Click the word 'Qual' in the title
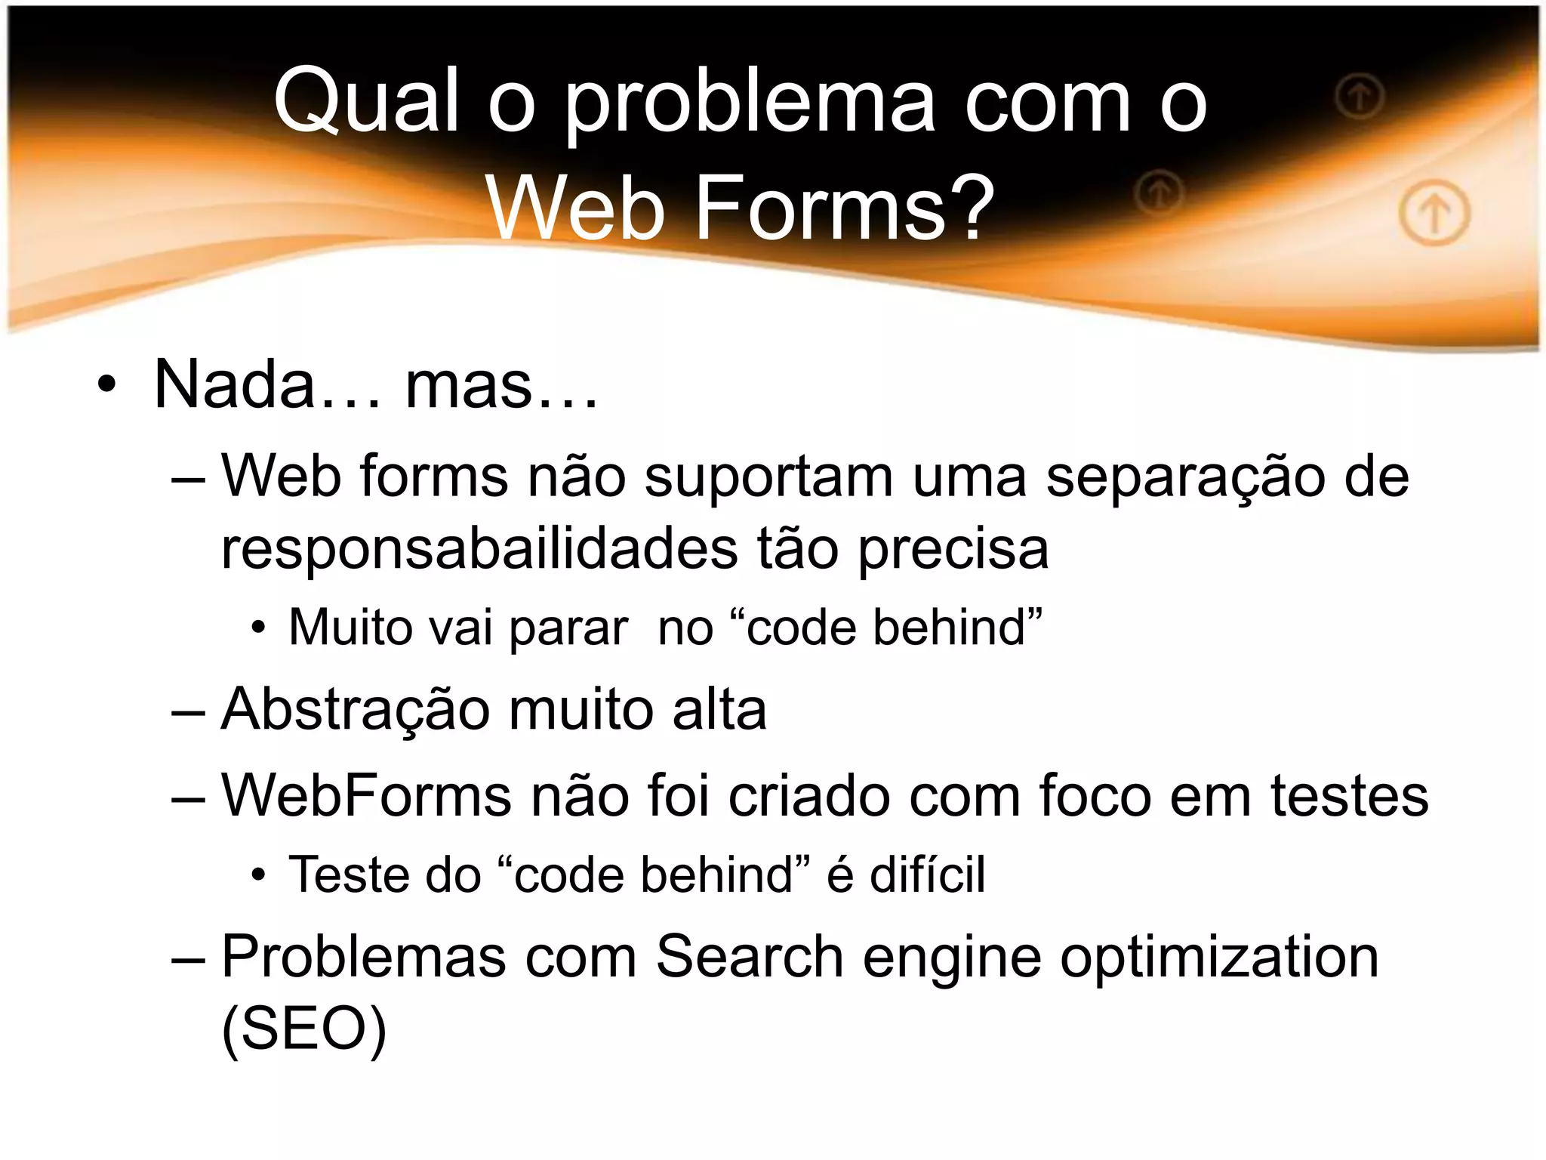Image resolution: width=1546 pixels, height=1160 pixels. pyautogui.click(x=367, y=101)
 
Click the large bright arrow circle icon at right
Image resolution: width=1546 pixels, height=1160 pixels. pyautogui.click(x=1434, y=214)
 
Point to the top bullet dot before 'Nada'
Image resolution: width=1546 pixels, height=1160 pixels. pyautogui.click(x=107, y=384)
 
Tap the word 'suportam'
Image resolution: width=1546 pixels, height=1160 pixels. pyautogui.click(x=768, y=478)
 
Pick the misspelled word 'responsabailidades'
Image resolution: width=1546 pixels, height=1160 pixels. pyautogui.click(x=479, y=550)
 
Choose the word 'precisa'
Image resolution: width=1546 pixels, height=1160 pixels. pyautogui.click(x=953, y=550)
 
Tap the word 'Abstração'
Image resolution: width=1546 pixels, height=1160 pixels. pyautogui.click(x=355, y=711)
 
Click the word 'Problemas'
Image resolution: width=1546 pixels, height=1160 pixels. pyautogui.click(x=363, y=957)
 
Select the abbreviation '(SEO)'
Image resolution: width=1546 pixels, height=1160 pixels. pyautogui.click(x=303, y=1029)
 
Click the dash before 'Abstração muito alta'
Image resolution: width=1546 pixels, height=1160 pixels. pyautogui.click(x=188, y=712)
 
